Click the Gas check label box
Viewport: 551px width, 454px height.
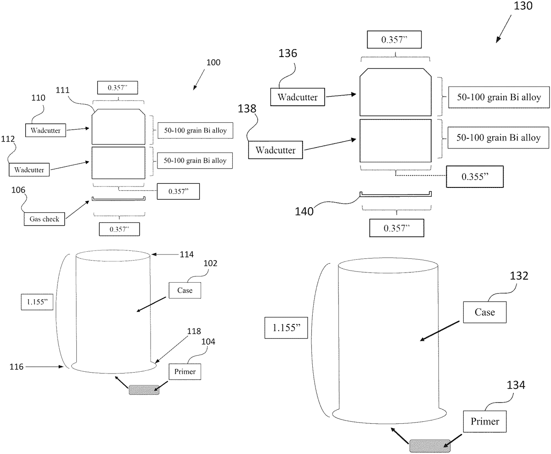click(x=45, y=219)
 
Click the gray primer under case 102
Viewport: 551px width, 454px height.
click(x=144, y=390)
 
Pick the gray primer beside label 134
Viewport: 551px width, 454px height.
click(x=430, y=445)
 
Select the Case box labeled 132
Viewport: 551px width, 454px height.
click(x=485, y=312)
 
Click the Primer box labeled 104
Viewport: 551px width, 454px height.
click(x=185, y=371)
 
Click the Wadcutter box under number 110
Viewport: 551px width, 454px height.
click(x=45, y=131)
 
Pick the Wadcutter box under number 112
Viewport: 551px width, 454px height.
click(x=29, y=170)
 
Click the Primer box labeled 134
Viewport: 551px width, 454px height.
click(x=485, y=421)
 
